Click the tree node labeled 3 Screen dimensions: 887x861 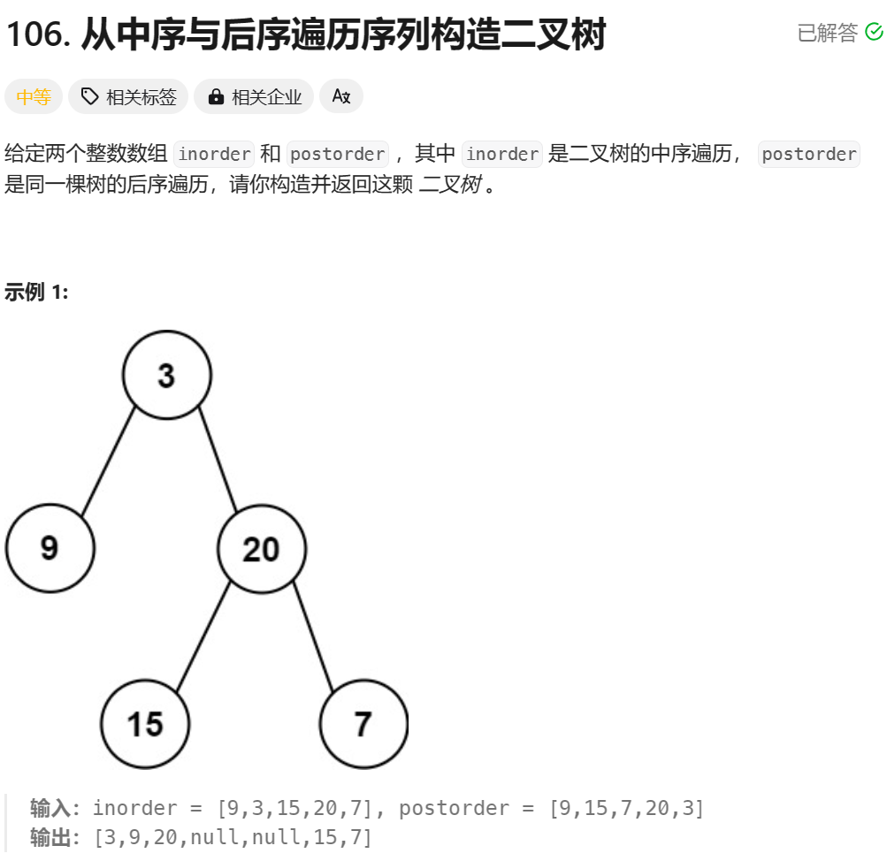pyautogui.click(x=167, y=375)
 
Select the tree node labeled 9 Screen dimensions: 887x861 pyautogui.click(x=50, y=548)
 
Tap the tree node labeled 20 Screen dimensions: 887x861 pyautogui.click(x=262, y=549)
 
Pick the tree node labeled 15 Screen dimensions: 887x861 pyautogui.click(x=145, y=724)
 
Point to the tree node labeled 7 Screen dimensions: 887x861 pyautogui.click(x=363, y=724)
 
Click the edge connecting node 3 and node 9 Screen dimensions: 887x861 pyautogui.click(x=109, y=461)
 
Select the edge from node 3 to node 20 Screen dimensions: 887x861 pyautogui.click(x=218, y=460)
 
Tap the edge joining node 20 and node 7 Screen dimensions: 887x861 pyautogui.click(x=314, y=636)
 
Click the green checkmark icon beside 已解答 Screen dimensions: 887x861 pyautogui.click(x=874, y=33)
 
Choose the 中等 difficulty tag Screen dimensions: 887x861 pyautogui.click(x=34, y=97)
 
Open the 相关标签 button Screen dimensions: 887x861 pyautogui.click(x=128, y=97)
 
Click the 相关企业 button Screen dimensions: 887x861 pyautogui.click(x=254, y=97)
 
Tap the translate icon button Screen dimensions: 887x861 pyautogui.click(x=341, y=96)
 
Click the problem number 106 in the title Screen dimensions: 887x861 pyautogui.click(x=36, y=35)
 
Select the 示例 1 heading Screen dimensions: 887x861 pyautogui.click(x=36, y=292)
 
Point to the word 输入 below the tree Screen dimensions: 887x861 pyautogui.click(x=50, y=808)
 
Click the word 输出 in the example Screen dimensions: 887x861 pyautogui.click(x=50, y=837)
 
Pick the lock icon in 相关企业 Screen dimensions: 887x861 pyautogui.click(x=216, y=97)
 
